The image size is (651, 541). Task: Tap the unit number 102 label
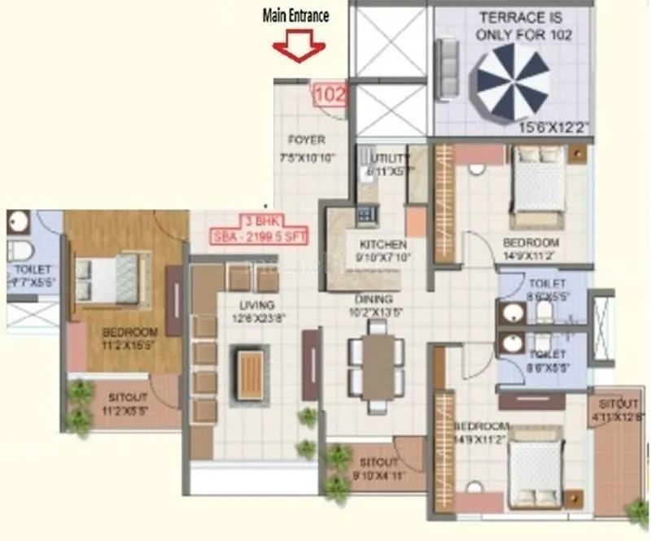pyautogui.click(x=330, y=94)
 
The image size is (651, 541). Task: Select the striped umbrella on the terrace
pyautogui.click(x=513, y=79)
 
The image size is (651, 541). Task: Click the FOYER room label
pyautogui.click(x=306, y=140)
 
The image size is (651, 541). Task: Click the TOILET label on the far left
pyautogui.click(x=31, y=269)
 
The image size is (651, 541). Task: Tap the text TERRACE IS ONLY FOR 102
pyautogui.click(x=525, y=26)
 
